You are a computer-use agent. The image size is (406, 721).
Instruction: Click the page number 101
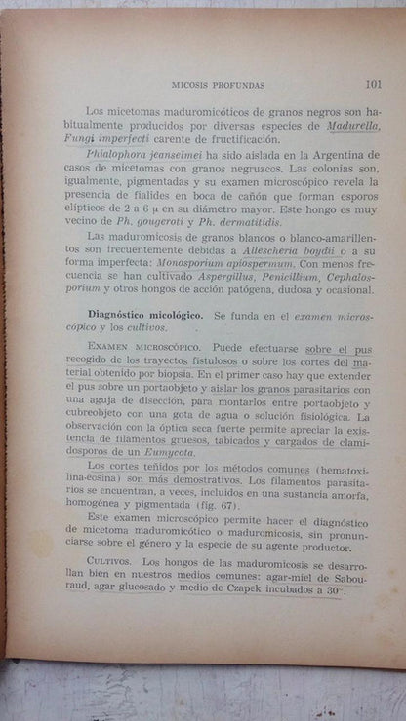click(x=372, y=84)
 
